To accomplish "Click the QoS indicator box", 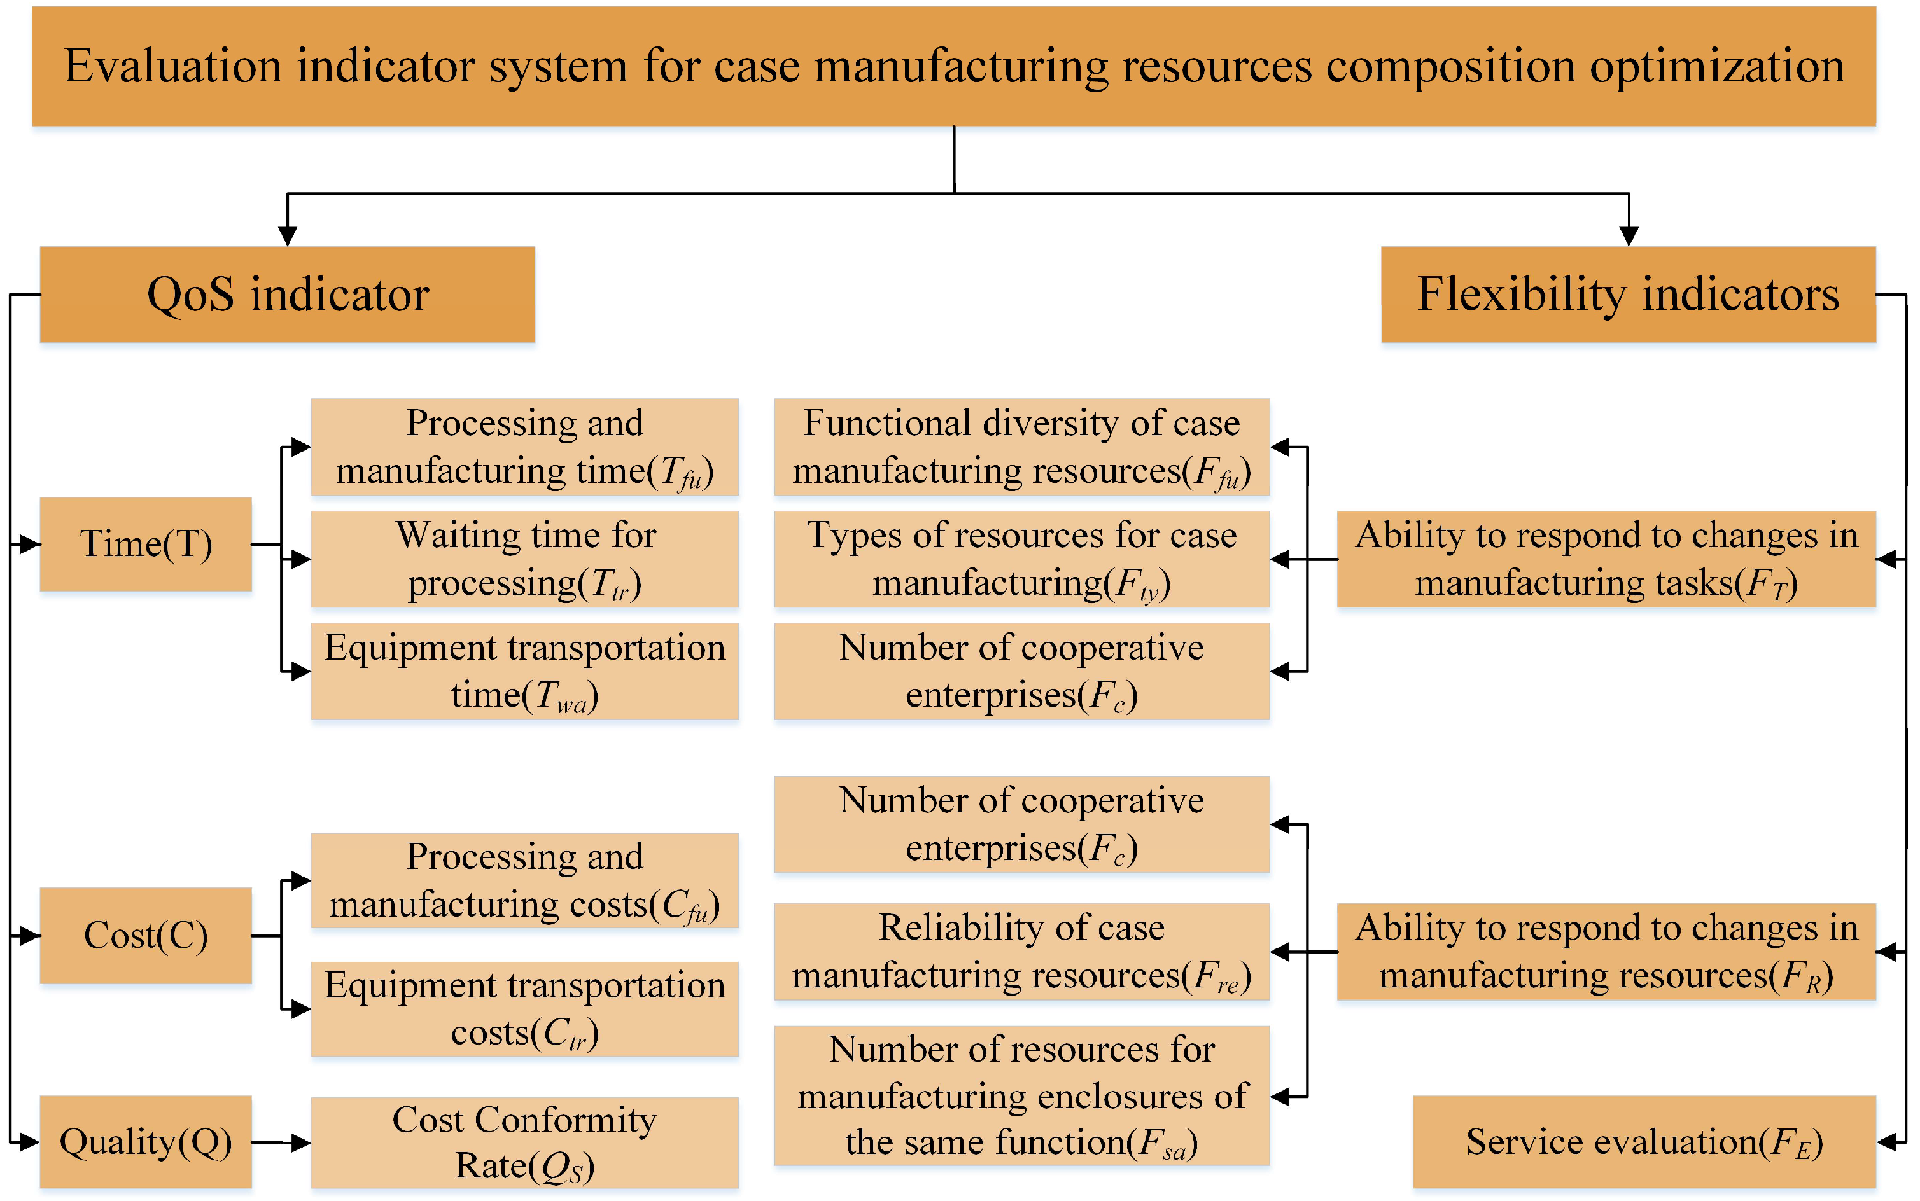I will point(287,295).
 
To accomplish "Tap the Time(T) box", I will point(146,544).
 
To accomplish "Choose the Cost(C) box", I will point(146,935).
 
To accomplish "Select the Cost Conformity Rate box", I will point(524,1142).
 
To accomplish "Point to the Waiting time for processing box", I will point(524,559).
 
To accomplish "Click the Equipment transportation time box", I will point(524,671).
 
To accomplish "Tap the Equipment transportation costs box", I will point(524,1009).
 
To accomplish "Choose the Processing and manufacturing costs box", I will point(524,880).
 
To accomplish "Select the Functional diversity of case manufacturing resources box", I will point(1021,447).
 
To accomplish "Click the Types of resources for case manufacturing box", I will point(1021,559).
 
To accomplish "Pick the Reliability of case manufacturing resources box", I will point(1021,951).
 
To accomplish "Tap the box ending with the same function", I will point(1021,1096).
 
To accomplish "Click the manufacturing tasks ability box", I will point(1605,559).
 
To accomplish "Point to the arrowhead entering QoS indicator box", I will point(287,236).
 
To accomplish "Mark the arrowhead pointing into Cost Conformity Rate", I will point(300,1143).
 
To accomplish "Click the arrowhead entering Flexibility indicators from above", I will point(1629,236).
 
